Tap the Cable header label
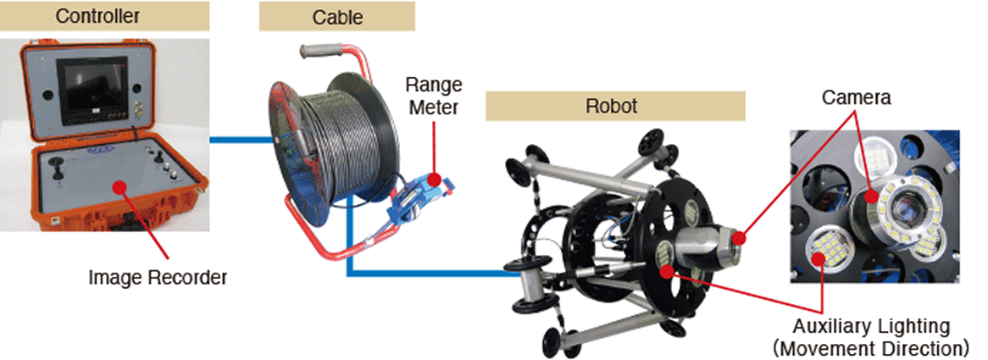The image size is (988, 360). click(x=336, y=15)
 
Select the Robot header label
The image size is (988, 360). click(x=615, y=107)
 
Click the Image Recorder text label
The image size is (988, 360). click(x=158, y=275)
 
